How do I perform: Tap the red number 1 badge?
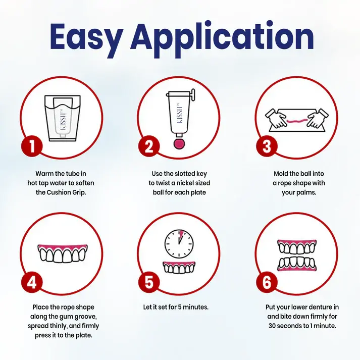32,146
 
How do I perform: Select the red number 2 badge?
149,146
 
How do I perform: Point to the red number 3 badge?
267,146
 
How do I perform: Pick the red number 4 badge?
32,282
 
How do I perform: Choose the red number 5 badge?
149,282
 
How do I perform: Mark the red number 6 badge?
267,282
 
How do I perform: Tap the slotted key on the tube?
192,94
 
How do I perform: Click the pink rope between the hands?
297,121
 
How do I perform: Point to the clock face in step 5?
179,244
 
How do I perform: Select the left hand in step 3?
277,118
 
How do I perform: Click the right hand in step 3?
318,118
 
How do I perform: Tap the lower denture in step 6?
297,264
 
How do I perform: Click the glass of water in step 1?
63,118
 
